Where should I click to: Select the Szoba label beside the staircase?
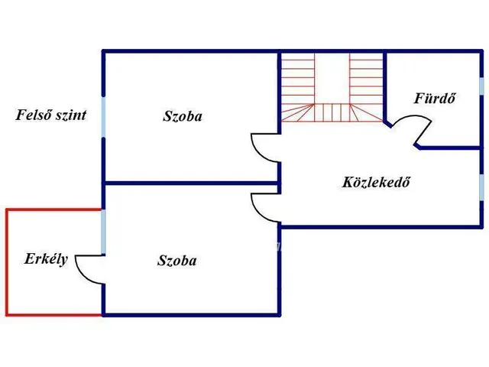(183, 117)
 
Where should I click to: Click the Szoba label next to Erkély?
(176, 261)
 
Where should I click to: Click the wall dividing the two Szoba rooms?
(191, 183)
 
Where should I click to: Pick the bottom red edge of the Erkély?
(53, 314)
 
